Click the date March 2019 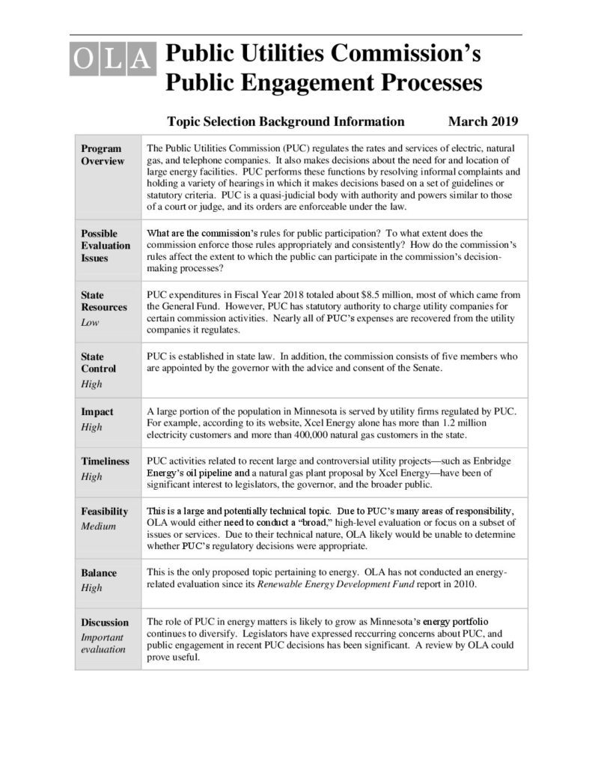483,121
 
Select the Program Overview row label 103,155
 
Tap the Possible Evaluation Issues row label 105,246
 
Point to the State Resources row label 103,301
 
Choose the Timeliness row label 105,461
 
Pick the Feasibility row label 104,512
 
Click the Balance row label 99,573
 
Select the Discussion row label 104,622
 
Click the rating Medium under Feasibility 98,526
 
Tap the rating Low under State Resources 90,322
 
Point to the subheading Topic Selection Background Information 286,121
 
